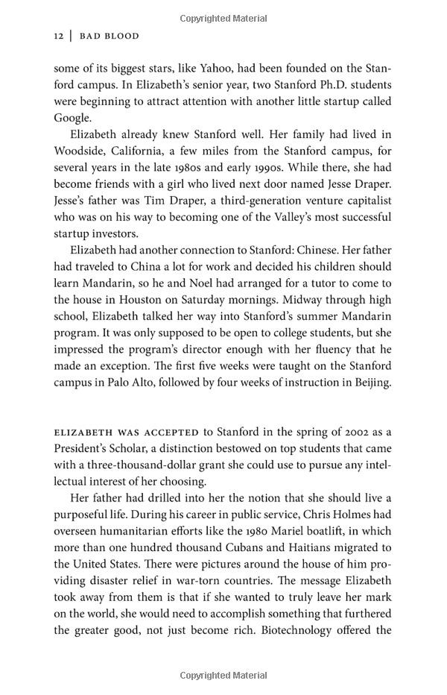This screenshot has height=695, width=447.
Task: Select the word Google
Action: pyautogui.click(x=72, y=118)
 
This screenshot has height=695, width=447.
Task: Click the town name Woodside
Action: pyautogui.click(x=80, y=151)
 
